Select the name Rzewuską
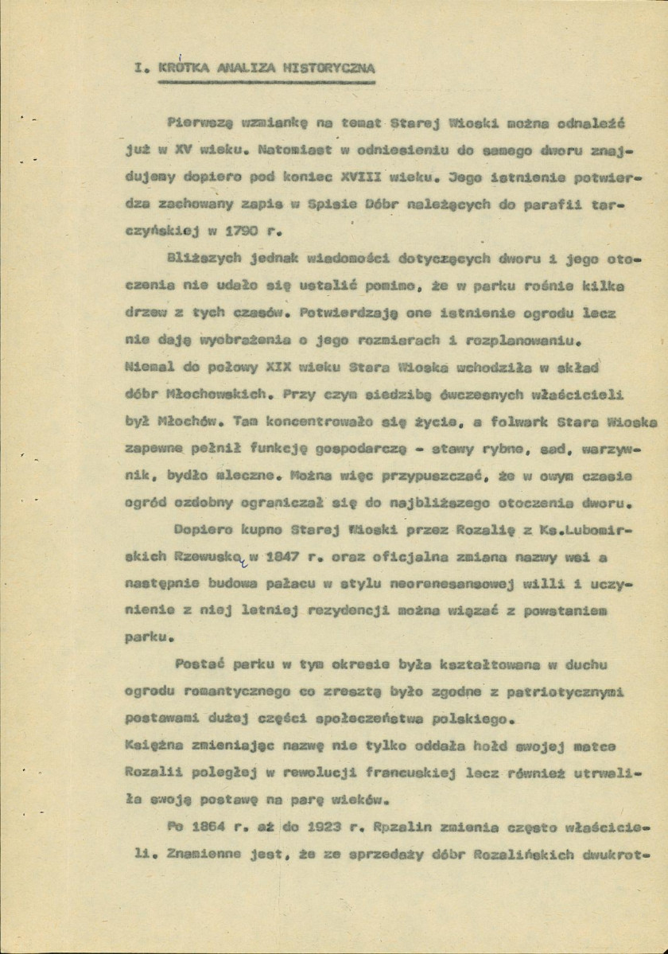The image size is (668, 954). (x=212, y=554)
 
